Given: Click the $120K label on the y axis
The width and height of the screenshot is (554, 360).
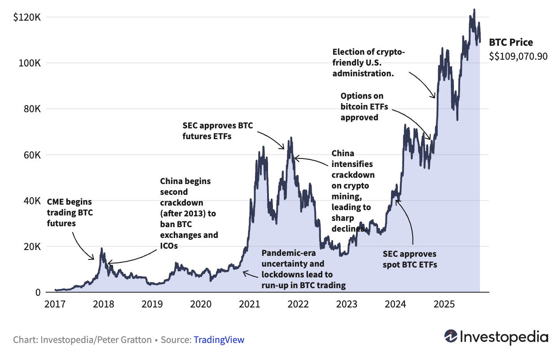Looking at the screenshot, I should click(x=27, y=17).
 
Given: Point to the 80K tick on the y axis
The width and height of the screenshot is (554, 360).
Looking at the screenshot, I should click(x=31, y=109).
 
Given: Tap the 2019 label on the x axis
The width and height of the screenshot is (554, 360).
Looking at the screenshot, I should click(x=152, y=305).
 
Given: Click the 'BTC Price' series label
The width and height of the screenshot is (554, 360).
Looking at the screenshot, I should click(x=511, y=43).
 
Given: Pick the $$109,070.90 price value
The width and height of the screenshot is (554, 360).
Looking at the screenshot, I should click(x=519, y=57).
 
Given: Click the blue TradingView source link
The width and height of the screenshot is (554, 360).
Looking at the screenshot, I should click(x=219, y=340).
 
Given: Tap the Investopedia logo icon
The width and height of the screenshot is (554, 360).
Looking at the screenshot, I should click(x=451, y=336).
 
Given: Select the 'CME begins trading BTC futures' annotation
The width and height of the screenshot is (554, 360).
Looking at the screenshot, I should click(x=70, y=212).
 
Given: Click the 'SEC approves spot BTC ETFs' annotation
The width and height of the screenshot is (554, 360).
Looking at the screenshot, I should click(x=409, y=259).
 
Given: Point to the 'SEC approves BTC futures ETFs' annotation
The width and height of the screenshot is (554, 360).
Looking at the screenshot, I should click(x=217, y=131).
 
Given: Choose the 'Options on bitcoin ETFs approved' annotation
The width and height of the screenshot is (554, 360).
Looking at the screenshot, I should click(x=364, y=106).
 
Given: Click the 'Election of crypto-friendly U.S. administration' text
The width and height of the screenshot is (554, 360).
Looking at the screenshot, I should click(x=368, y=63).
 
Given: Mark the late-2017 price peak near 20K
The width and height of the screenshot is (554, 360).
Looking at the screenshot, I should click(x=101, y=249).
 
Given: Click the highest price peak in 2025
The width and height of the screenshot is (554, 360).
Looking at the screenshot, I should click(x=474, y=9).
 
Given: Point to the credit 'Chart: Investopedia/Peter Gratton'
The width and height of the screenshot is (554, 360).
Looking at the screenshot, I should click(x=83, y=340).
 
